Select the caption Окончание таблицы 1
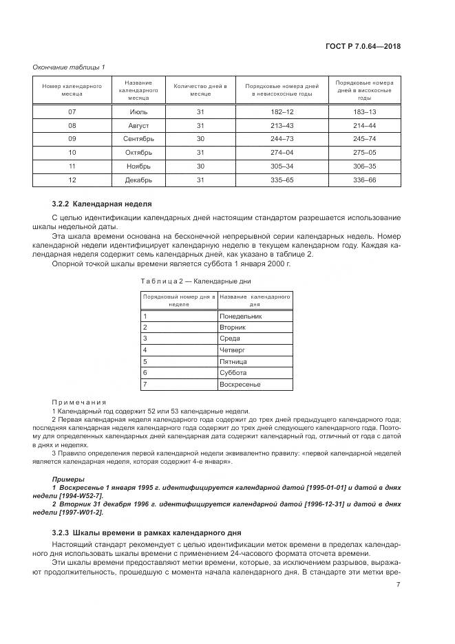tap(69, 66)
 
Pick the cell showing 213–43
tap(283, 126)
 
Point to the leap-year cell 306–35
tap(364, 166)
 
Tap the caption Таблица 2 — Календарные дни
tap(196, 281)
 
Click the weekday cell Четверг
tap(233, 350)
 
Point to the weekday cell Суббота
tap(233, 372)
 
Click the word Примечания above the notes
tap(78, 402)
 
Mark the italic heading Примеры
tap(67, 478)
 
